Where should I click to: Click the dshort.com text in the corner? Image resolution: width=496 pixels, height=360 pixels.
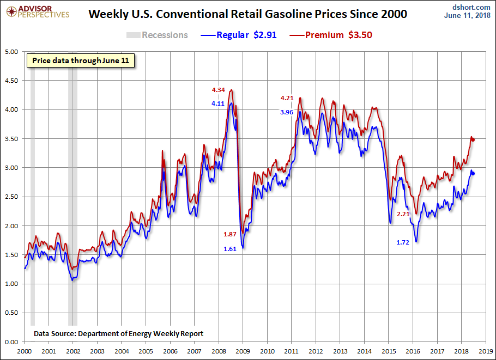pyautogui.click(x=472, y=7)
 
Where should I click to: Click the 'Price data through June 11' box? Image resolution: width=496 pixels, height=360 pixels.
pyautogui.click(x=81, y=60)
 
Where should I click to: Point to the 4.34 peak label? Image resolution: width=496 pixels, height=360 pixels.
pyautogui.click(x=219, y=90)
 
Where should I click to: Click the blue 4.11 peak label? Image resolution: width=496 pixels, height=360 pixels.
pyautogui.click(x=219, y=103)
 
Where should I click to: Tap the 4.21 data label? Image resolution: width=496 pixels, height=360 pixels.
pyautogui.click(x=287, y=99)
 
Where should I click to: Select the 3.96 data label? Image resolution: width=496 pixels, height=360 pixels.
pyautogui.click(x=287, y=112)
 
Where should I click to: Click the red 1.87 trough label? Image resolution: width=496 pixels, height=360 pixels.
pyautogui.click(x=230, y=234)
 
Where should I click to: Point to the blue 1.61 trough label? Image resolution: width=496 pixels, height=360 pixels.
pyautogui.click(x=230, y=249)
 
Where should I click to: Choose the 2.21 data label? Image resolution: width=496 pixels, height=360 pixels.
pyautogui.click(x=403, y=214)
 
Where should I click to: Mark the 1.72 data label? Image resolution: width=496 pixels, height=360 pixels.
pyautogui.click(x=403, y=242)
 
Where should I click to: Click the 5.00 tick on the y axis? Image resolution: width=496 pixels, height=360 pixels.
pyautogui.click(x=11, y=52)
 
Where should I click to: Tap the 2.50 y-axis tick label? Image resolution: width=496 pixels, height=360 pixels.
pyautogui.click(x=11, y=197)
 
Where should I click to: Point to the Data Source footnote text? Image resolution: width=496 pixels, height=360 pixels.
pyautogui.click(x=118, y=333)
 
